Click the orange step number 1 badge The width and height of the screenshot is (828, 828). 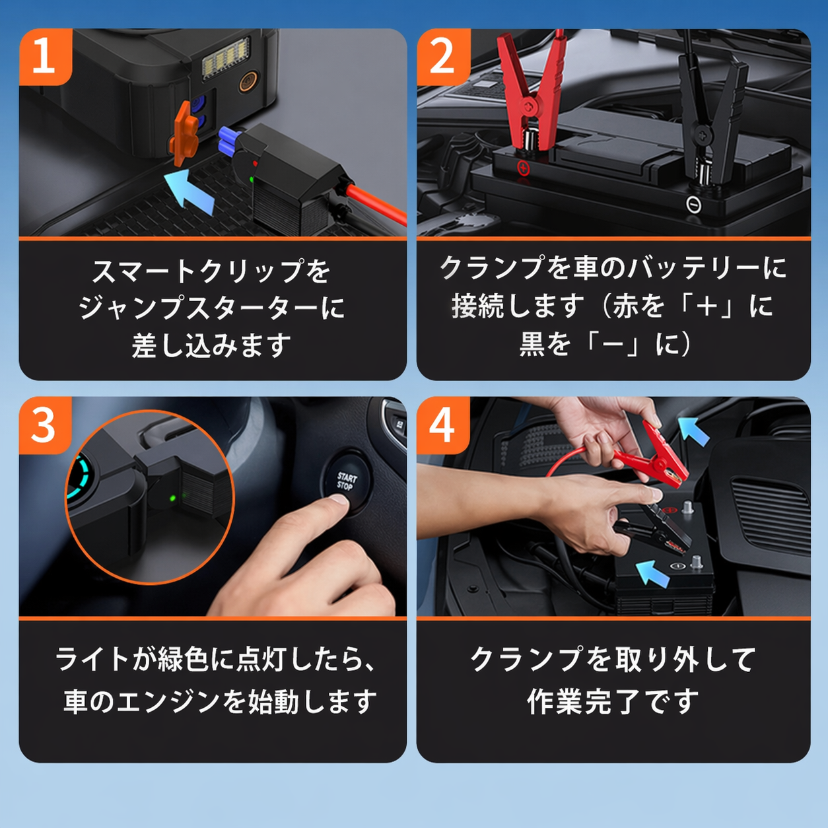click(x=45, y=57)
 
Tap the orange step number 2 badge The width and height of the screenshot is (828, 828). click(x=443, y=57)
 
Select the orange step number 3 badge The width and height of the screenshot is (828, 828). click(x=45, y=425)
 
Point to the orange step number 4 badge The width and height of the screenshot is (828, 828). click(x=443, y=425)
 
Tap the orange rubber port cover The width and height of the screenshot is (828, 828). click(x=185, y=133)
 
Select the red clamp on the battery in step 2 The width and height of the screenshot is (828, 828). click(x=532, y=92)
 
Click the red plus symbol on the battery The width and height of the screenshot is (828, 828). click(x=524, y=167)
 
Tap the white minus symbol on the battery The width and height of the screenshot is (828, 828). click(x=693, y=204)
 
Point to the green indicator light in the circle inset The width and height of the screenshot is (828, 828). click(x=173, y=499)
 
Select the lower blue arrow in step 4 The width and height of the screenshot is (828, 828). click(x=653, y=573)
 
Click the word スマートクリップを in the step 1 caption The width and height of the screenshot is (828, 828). click(x=211, y=271)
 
